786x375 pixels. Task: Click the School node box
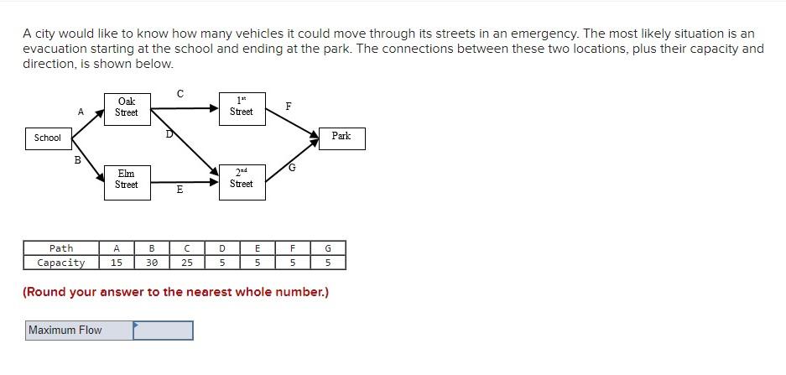tap(48, 138)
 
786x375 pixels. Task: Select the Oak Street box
tap(126, 107)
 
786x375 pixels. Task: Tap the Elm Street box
tap(126, 180)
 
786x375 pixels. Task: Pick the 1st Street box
tap(241, 107)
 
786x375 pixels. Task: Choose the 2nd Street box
tap(241, 179)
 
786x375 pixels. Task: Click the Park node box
tap(341, 136)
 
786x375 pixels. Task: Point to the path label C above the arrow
tap(180, 92)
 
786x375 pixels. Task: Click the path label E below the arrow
tap(180, 190)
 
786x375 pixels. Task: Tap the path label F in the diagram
tap(289, 107)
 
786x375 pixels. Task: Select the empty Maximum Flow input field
tap(163, 331)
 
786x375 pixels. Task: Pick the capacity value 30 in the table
tap(152, 263)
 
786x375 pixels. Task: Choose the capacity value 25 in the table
tap(187, 263)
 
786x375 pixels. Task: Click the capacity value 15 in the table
tap(117, 263)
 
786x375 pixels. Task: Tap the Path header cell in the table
tap(61, 248)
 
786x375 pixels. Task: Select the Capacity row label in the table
tap(61, 263)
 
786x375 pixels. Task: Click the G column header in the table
tap(328, 248)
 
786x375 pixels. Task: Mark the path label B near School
tap(77, 159)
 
